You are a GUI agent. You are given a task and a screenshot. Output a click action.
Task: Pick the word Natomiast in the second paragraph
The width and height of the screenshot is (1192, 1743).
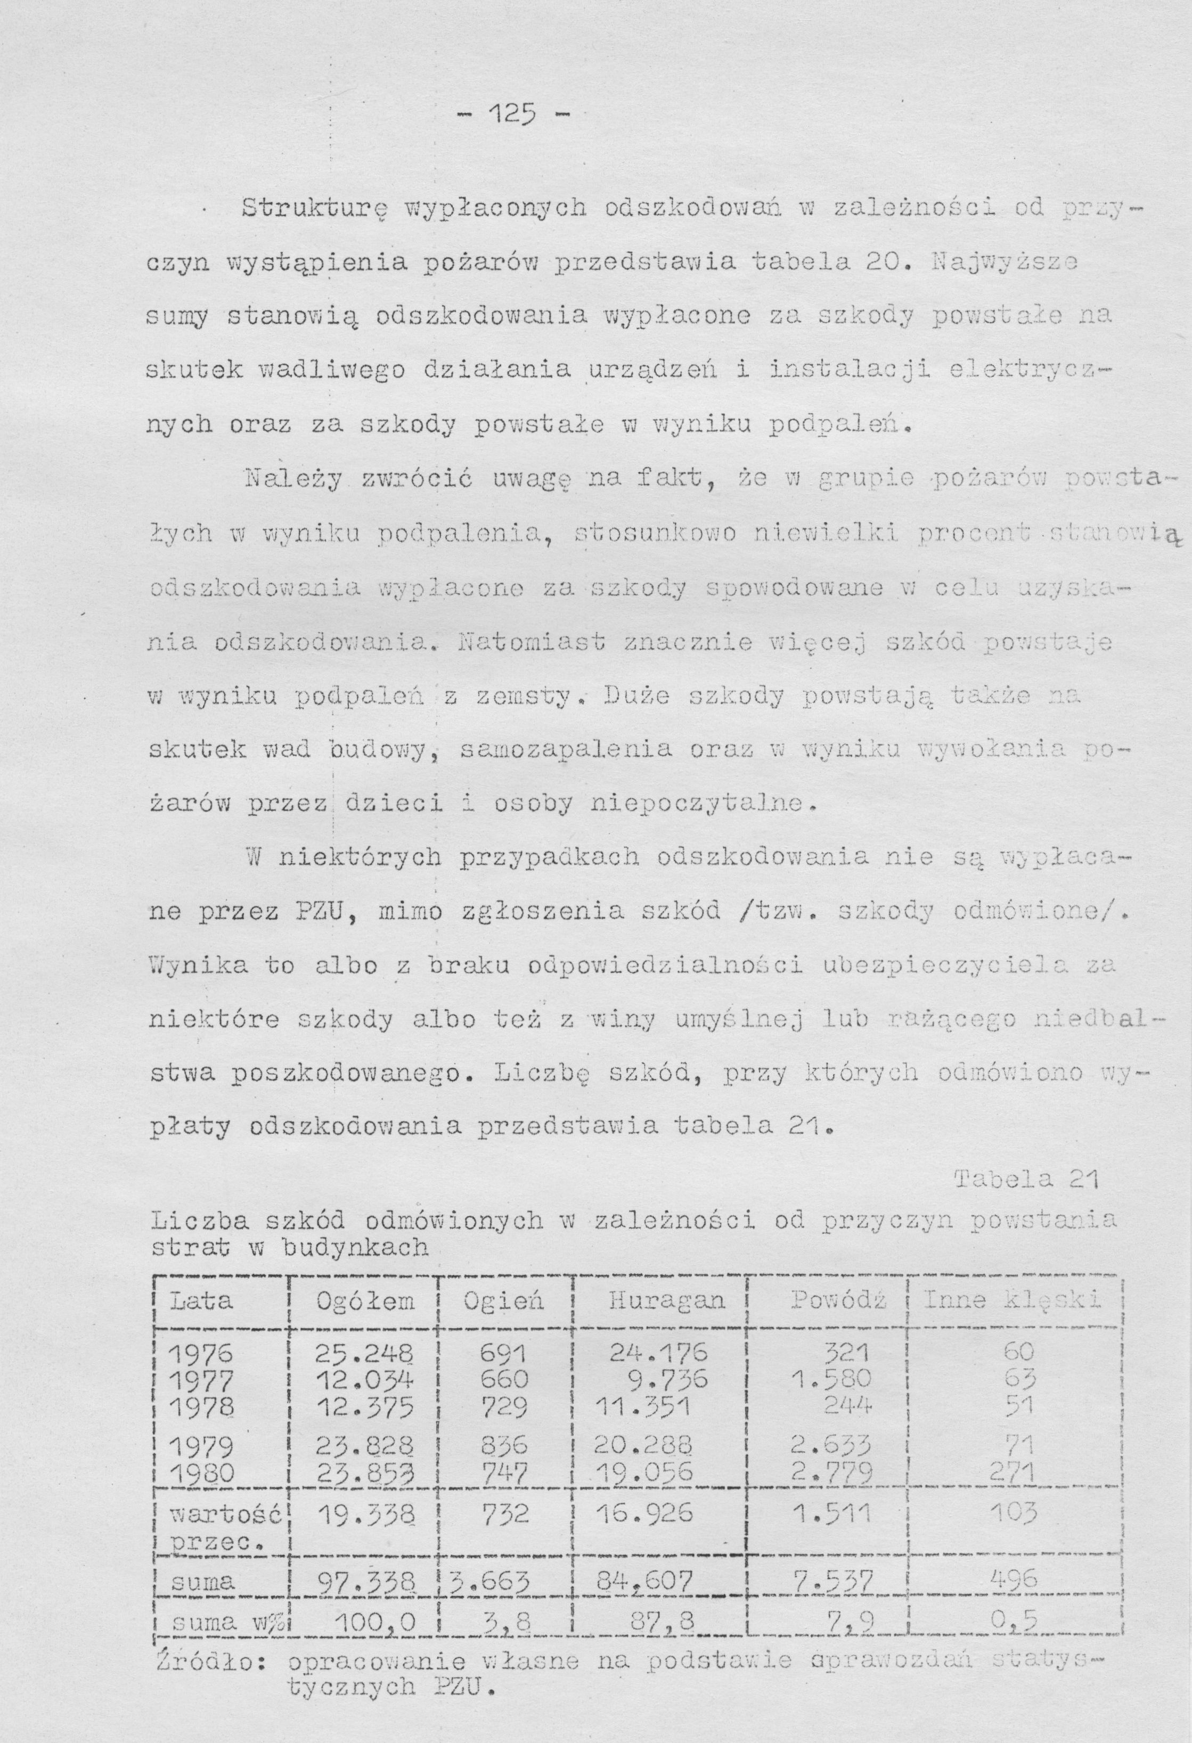pos(536,643)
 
